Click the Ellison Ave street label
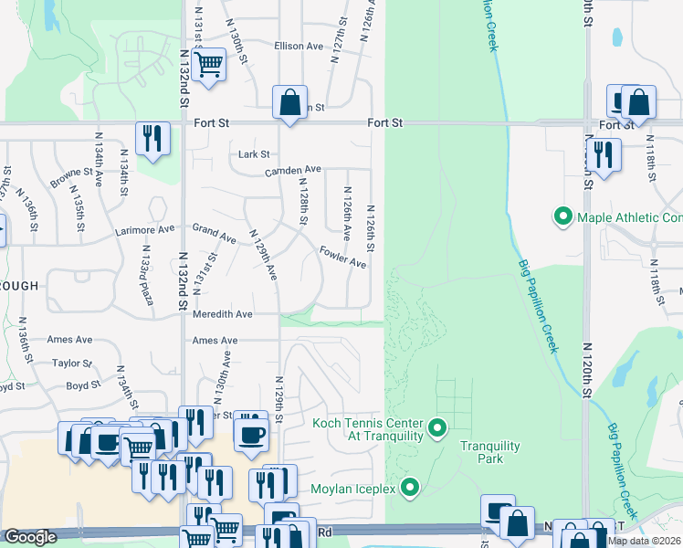click(x=300, y=47)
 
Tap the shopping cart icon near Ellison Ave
click(x=209, y=64)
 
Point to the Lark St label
click(x=254, y=154)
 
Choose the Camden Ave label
click(x=293, y=170)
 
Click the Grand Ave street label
click(x=214, y=233)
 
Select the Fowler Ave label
click(x=342, y=257)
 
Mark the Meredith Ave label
click(x=222, y=313)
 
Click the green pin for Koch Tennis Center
click(x=437, y=427)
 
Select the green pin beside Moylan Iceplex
click(x=410, y=488)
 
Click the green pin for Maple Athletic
click(x=562, y=217)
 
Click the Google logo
click(x=30, y=537)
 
